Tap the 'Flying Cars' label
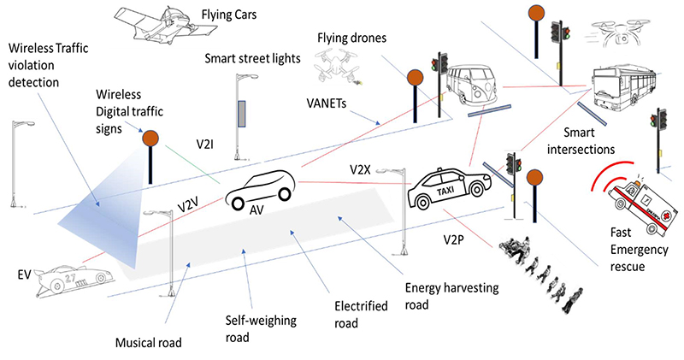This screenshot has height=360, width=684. [231, 15]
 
